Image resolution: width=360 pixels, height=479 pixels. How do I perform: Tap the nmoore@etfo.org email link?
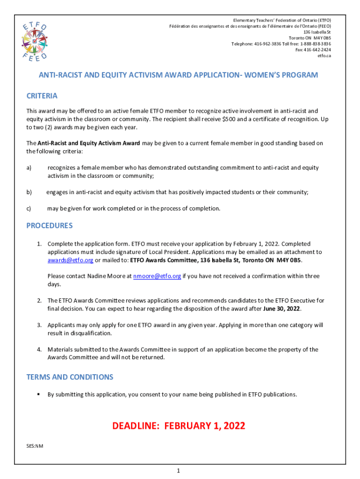pos(157,276)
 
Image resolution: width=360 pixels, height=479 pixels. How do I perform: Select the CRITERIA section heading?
pos(42,96)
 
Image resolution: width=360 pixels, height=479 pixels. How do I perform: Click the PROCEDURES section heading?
pos(50,225)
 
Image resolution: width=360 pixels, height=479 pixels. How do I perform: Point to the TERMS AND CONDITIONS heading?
pos(70,377)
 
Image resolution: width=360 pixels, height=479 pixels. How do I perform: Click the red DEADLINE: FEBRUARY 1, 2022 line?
pos(179,426)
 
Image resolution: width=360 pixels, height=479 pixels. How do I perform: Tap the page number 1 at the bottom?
pos(179,470)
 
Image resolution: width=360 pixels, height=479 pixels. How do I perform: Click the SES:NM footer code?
pos(35,446)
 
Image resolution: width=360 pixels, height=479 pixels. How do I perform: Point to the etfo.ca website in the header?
pos(324,56)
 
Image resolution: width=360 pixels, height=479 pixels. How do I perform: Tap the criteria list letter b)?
pos(29,192)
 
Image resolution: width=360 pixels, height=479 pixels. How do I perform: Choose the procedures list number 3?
pos(40,325)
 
